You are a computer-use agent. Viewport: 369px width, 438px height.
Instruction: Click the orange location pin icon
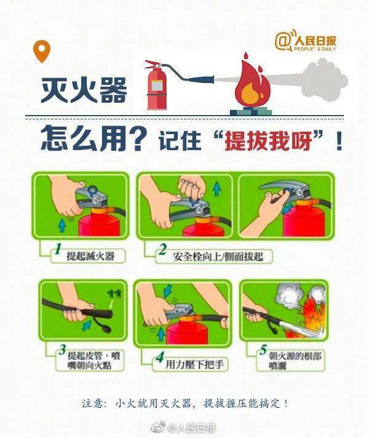[42, 50]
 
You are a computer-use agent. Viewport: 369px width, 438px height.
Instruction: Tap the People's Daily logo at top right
[305, 41]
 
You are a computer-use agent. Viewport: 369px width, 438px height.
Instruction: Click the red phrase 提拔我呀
[268, 140]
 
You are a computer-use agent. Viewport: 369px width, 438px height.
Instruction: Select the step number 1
[58, 249]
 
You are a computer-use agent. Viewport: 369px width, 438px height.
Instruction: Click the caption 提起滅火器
[90, 256]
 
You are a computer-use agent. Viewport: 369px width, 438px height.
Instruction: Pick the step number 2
[162, 249]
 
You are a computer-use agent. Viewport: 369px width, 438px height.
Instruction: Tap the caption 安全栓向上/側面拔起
[218, 257]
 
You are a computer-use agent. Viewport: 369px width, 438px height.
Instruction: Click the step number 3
[63, 350]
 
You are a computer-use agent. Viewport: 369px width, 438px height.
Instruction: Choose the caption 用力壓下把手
[195, 365]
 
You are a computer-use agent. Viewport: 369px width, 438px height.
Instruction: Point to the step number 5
[263, 350]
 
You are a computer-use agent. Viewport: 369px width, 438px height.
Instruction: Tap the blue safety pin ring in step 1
[92, 191]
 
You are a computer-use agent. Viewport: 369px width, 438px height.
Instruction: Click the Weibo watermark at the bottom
[184, 428]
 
